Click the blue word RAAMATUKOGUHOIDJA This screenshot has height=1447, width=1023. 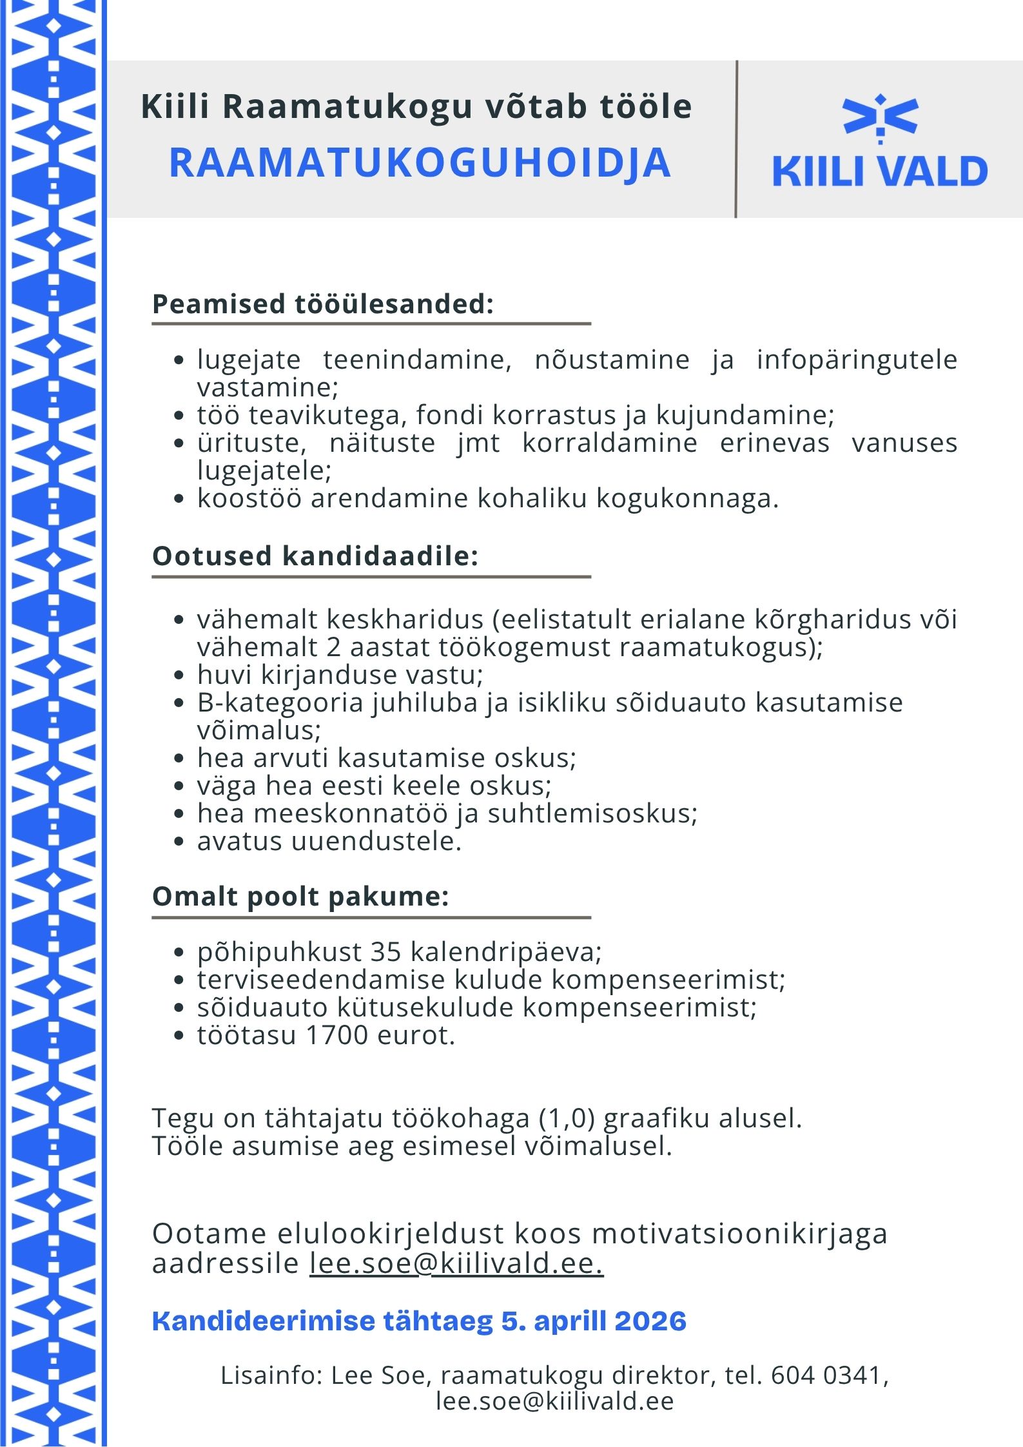420,162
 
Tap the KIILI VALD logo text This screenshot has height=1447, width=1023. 879,171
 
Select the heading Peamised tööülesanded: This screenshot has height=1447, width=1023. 323,304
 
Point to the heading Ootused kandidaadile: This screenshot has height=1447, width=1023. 315,556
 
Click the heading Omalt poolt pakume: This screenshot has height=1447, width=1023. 300,896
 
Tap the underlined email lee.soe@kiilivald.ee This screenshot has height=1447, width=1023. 456,1263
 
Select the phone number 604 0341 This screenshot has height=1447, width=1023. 826,1375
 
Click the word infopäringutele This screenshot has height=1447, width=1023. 857,359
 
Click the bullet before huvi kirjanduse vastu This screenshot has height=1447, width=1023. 180,675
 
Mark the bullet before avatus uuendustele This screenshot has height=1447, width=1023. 180,842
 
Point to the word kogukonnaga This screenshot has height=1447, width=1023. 687,498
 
